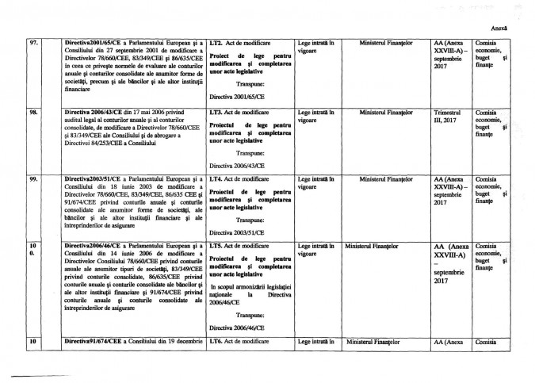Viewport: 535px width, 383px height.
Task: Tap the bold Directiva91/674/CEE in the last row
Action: [94, 342]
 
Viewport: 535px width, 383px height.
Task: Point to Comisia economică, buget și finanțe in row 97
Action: [489, 53]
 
